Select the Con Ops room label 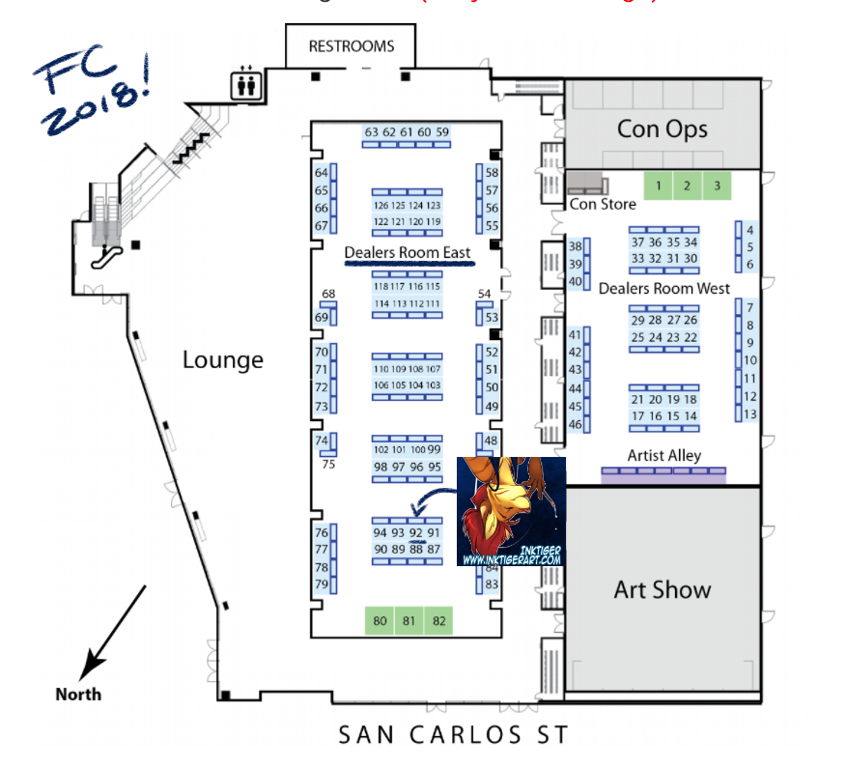click(663, 128)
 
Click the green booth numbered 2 click(687, 185)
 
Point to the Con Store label click(603, 204)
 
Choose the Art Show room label click(663, 589)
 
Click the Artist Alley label click(664, 455)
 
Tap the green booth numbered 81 click(409, 621)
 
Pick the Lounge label click(223, 360)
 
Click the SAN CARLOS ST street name click(453, 735)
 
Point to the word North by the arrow click(77, 694)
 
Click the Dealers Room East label click(408, 253)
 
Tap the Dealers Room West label click(664, 288)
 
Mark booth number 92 click(416, 532)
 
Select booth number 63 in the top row click(372, 132)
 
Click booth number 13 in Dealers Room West click(749, 413)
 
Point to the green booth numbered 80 click(380, 621)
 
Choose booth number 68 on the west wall click(328, 294)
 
